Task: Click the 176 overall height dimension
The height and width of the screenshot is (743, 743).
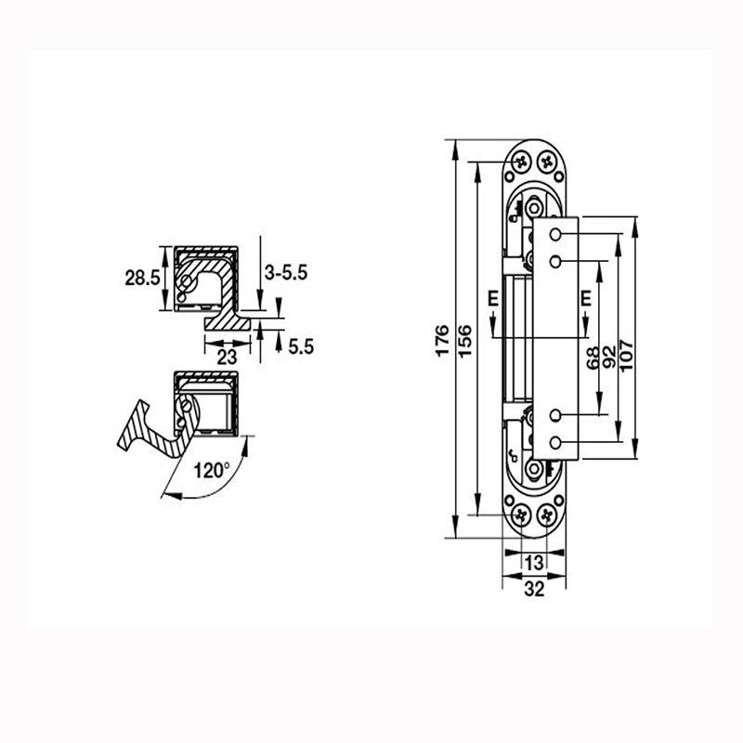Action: click(x=443, y=340)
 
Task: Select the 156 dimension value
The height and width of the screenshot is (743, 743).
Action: click(x=465, y=340)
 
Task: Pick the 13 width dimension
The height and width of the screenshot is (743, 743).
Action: click(x=534, y=563)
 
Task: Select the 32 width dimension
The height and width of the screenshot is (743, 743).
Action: click(x=534, y=587)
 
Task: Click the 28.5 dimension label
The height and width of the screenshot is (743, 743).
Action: click(x=142, y=277)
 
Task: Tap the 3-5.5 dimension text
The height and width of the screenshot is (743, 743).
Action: click(x=285, y=272)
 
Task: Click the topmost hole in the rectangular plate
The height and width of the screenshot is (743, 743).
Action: click(x=554, y=232)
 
